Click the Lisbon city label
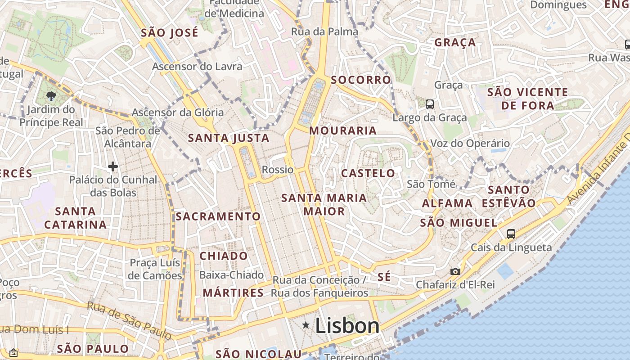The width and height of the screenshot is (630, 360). point(347,326)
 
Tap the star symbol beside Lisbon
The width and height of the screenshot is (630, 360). point(306,325)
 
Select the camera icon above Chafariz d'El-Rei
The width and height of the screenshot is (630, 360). point(455,271)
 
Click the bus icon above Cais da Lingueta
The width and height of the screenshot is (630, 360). point(511,234)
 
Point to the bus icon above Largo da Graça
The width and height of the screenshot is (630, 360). point(430,104)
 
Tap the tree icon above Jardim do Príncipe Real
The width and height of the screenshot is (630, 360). point(51,96)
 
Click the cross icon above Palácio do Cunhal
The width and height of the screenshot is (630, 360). point(112,167)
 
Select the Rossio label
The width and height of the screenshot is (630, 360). point(278,170)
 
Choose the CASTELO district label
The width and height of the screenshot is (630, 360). point(368,173)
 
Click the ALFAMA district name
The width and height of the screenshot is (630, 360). point(447,203)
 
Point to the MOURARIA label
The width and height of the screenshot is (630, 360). point(343,131)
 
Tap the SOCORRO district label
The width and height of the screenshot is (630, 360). point(361,80)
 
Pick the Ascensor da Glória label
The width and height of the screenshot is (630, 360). point(178,112)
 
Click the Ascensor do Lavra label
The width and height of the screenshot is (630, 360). point(197,67)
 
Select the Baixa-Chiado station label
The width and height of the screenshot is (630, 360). point(231,275)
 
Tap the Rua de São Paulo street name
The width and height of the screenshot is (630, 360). point(129,320)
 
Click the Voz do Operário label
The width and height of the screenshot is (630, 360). point(470,144)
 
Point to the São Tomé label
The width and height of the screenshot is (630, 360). point(431,184)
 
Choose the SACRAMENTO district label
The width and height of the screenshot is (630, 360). point(218,216)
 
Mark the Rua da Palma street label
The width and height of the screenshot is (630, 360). point(324,31)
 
